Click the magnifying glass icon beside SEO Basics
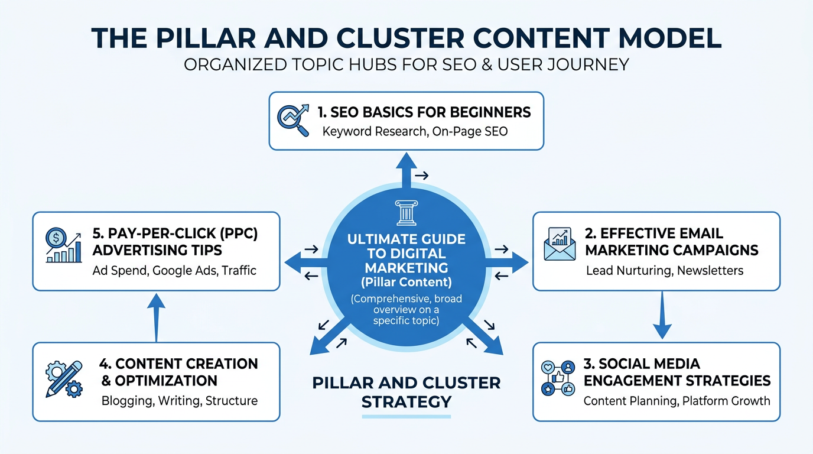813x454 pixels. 293,121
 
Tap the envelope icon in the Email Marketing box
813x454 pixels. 559,244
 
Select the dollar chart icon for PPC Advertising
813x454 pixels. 63,246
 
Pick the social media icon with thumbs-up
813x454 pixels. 558,378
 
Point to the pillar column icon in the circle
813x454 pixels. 406,213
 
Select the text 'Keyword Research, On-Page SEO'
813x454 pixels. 415,131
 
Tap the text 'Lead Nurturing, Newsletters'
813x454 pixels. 665,271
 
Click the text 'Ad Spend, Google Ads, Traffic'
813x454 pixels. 174,271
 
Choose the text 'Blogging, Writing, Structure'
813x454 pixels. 180,401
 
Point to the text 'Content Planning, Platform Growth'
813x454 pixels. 677,401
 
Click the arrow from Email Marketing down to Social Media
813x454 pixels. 662,316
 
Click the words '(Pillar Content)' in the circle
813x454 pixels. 406,282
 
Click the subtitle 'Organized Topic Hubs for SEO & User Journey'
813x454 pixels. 406,64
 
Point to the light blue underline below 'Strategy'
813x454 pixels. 406,417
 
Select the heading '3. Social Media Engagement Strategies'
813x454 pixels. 677,372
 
